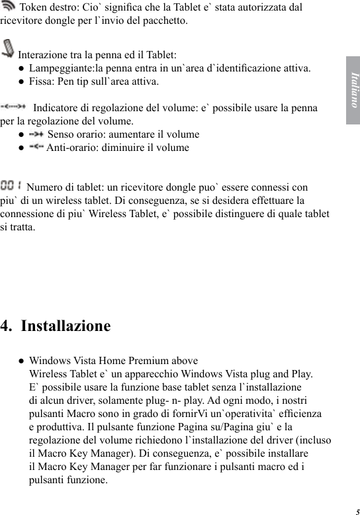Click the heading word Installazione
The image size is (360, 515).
coord(66,326)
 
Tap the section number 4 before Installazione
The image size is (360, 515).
coord(6,326)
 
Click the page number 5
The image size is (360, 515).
coord(356,511)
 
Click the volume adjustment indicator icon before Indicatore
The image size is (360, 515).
coord(15,107)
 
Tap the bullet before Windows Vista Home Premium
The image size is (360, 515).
coord(22,361)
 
